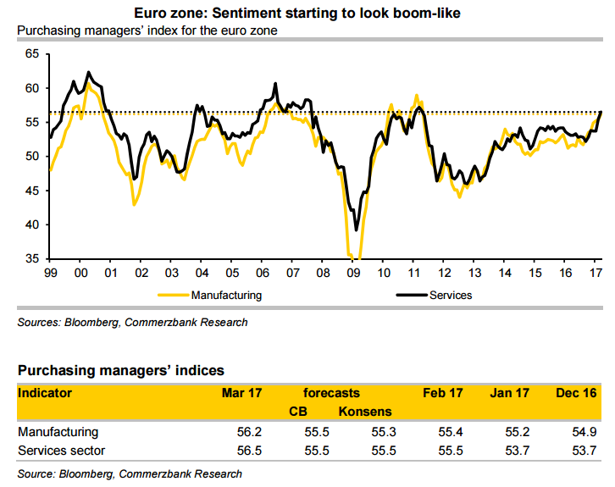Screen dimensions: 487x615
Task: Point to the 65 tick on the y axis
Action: pos(32,53)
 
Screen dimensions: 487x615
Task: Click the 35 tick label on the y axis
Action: pos(32,258)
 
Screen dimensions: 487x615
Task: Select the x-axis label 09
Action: pos(355,273)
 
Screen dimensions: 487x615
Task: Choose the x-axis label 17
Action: pos(596,273)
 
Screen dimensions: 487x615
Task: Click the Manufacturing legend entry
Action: pos(226,296)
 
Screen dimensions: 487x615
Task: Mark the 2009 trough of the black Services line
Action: pos(357,229)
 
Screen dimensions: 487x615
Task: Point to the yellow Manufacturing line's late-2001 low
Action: pos(134,204)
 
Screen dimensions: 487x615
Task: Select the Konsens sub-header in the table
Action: pos(366,412)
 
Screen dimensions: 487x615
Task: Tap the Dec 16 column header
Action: pos(577,393)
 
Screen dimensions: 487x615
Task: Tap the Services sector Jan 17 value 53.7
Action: pos(516,450)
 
